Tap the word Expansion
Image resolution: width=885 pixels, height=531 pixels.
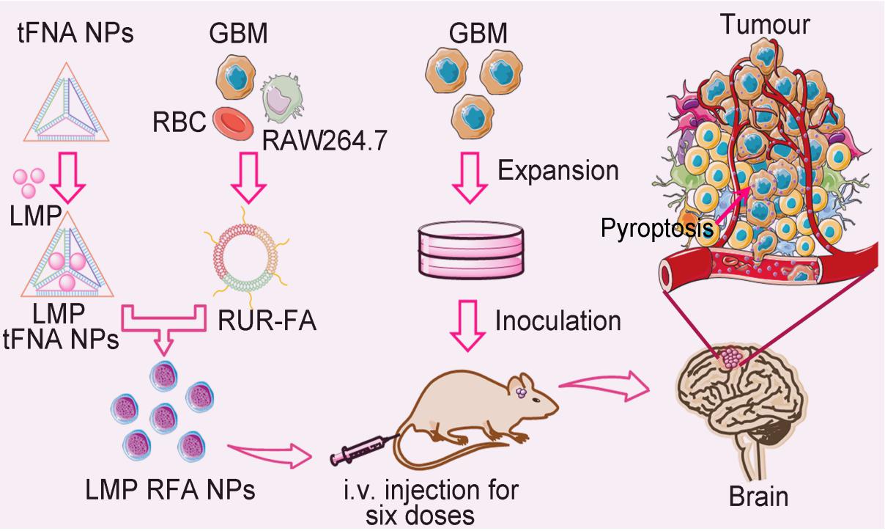click(558, 171)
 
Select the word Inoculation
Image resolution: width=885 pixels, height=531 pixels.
click(558, 321)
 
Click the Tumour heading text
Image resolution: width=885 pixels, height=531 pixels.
click(764, 25)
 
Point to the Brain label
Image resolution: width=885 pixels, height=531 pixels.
click(759, 497)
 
